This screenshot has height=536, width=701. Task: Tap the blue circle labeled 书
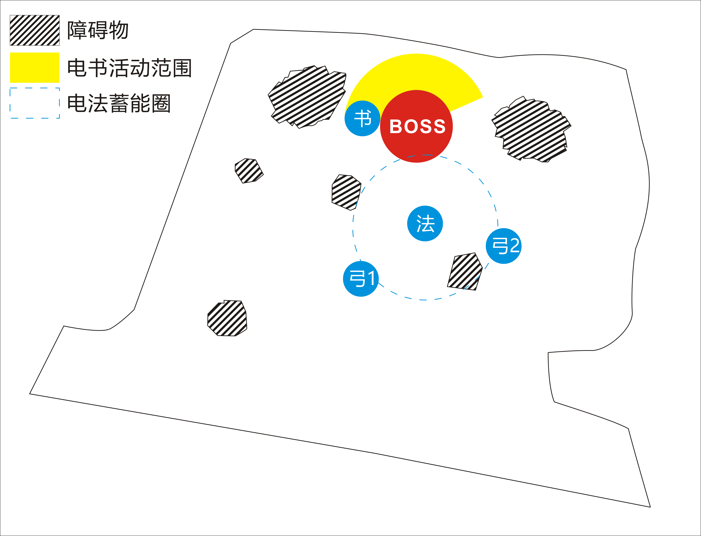click(362, 118)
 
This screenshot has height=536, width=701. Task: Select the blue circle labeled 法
click(425, 223)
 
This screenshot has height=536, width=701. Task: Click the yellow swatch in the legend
click(34, 67)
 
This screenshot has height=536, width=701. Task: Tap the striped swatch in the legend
click(34, 30)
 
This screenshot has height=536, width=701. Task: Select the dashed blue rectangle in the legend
click(34, 103)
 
